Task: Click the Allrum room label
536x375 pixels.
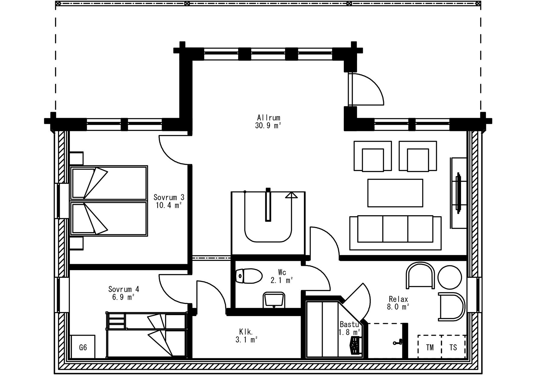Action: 269,117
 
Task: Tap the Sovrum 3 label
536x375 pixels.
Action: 169,197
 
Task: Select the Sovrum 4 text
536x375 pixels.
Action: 124,289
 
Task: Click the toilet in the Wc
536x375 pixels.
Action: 249,276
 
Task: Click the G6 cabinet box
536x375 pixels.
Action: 83,347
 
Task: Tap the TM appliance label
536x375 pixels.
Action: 430,347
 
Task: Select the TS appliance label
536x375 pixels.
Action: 453,347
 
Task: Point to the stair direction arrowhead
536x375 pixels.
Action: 291,195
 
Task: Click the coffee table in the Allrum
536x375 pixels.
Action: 395,193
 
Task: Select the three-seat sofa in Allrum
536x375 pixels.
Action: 395,233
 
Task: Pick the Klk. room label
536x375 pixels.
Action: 246,332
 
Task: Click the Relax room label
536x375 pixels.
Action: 398,299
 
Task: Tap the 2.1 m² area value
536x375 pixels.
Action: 282,280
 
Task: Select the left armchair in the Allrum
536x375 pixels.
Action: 373,156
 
